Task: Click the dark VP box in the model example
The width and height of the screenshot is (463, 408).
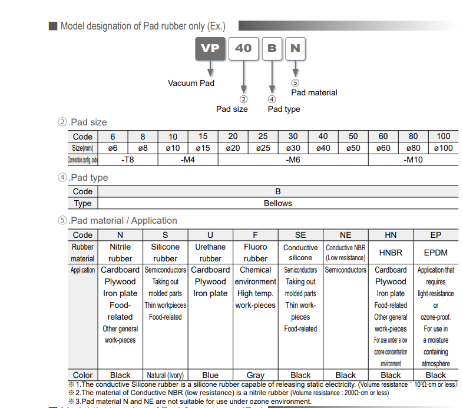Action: pyautogui.click(x=210, y=48)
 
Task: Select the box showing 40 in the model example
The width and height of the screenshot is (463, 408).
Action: pyautogui.click(x=243, y=48)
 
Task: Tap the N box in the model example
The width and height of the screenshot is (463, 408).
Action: pyautogui.click(x=295, y=48)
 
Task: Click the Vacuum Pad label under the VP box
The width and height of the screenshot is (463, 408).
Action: pyautogui.click(x=191, y=83)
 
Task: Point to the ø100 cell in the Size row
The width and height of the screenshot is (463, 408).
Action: pyautogui.click(x=443, y=148)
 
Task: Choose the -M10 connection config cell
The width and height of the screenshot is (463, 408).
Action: pyautogui.click(x=413, y=160)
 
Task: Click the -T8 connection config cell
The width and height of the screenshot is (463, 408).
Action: pyautogui.click(x=128, y=160)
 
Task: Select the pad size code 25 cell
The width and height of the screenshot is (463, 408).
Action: pyautogui.click(x=263, y=137)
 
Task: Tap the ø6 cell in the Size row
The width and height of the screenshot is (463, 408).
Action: pyautogui.click(x=113, y=148)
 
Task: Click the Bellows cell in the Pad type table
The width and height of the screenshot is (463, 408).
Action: pyautogui.click(x=277, y=203)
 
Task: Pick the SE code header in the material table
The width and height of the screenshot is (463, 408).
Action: pyautogui.click(x=300, y=235)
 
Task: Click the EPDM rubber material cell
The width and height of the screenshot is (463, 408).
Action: pyautogui.click(x=436, y=253)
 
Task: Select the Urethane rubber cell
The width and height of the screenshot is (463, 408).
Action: pyautogui.click(x=210, y=253)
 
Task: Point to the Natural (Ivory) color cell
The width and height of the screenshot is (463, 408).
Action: pyautogui.click(x=165, y=375)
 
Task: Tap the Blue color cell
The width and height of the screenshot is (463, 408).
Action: pyautogui.click(x=210, y=375)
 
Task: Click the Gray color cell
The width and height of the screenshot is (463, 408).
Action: pyautogui.click(x=255, y=375)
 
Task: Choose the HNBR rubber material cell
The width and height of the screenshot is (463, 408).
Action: pyautogui.click(x=391, y=253)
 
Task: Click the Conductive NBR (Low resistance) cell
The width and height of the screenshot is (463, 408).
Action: pyautogui.click(x=346, y=253)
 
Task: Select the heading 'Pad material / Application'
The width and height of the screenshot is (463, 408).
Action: pyautogui.click(x=123, y=221)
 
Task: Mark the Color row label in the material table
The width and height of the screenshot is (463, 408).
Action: pyautogui.click(x=82, y=375)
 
